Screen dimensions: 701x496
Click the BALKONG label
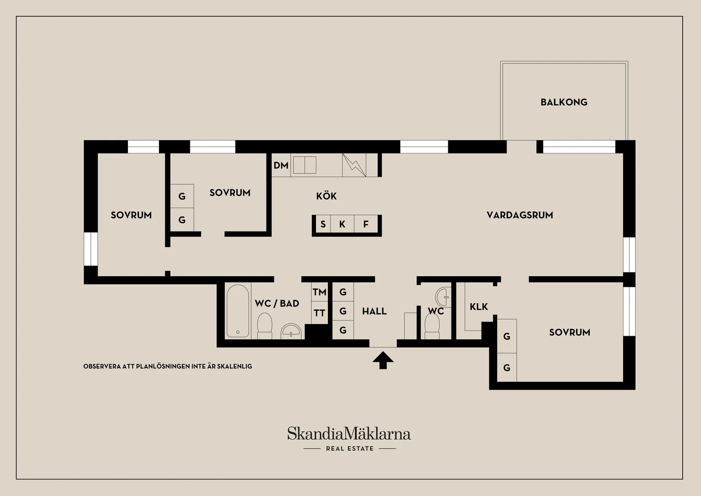click(564, 102)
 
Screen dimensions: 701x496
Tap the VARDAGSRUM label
click(520, 215)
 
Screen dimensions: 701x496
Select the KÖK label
click(326, 196)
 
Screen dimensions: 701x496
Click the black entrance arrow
click(383, 360)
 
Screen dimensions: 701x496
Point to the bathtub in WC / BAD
click(238, 311)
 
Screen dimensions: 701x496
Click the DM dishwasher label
click(281, 165)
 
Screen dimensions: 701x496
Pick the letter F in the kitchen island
click(365, 224)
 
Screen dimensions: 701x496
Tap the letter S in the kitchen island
click(323, 224)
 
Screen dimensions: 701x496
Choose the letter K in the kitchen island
click(342, 224)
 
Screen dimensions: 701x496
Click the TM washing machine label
click(319, 292)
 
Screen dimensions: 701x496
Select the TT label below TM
click(319, 313)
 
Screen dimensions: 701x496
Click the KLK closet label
click(479, 306)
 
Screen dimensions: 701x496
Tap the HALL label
click(374, 311)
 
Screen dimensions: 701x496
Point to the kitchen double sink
click(305, 165)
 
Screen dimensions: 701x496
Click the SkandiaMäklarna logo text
click(349, 434)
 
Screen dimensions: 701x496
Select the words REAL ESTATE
click(350, 449)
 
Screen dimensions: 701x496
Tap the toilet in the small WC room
click(432, 326)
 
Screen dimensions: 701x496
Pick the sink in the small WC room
click(444, 297)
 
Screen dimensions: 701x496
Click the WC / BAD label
click(277, 303)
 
